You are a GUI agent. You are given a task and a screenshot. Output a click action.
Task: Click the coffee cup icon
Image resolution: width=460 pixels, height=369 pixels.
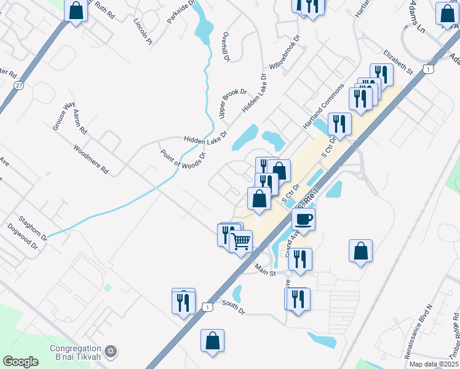click(304, 218)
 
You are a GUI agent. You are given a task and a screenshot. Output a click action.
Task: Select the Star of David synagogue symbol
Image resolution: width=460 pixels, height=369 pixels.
click(111, 351)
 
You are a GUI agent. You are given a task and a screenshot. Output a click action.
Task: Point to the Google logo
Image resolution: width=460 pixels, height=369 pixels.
click(20, 362)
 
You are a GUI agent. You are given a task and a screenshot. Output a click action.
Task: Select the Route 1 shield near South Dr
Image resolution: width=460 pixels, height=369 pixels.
click(209, 306)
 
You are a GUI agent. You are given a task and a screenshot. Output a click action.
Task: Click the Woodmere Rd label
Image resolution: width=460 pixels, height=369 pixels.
click(90, 159)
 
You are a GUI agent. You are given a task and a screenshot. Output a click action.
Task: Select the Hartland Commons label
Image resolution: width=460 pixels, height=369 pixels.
click(322, 106)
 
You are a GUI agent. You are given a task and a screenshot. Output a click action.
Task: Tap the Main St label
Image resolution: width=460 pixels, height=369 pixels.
click(266, 269)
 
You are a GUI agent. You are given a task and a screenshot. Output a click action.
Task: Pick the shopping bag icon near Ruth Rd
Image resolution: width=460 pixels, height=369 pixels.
click(76, 11)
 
